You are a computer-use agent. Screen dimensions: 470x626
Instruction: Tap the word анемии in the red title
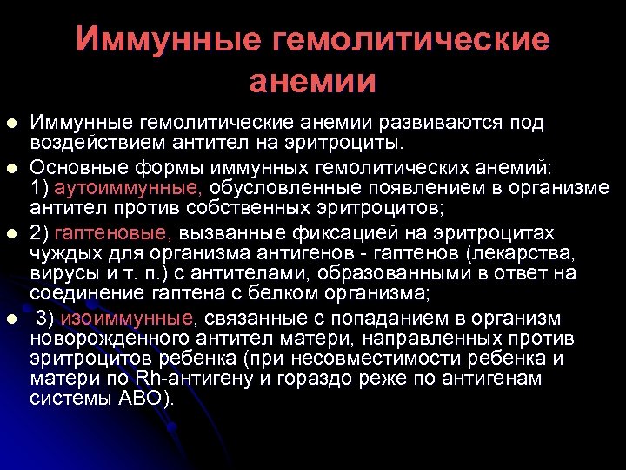(x=313, y=81)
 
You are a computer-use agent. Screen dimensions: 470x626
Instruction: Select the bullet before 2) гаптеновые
(x=11, y=233)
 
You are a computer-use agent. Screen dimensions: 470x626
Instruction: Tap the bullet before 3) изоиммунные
(x=11, y=319)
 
